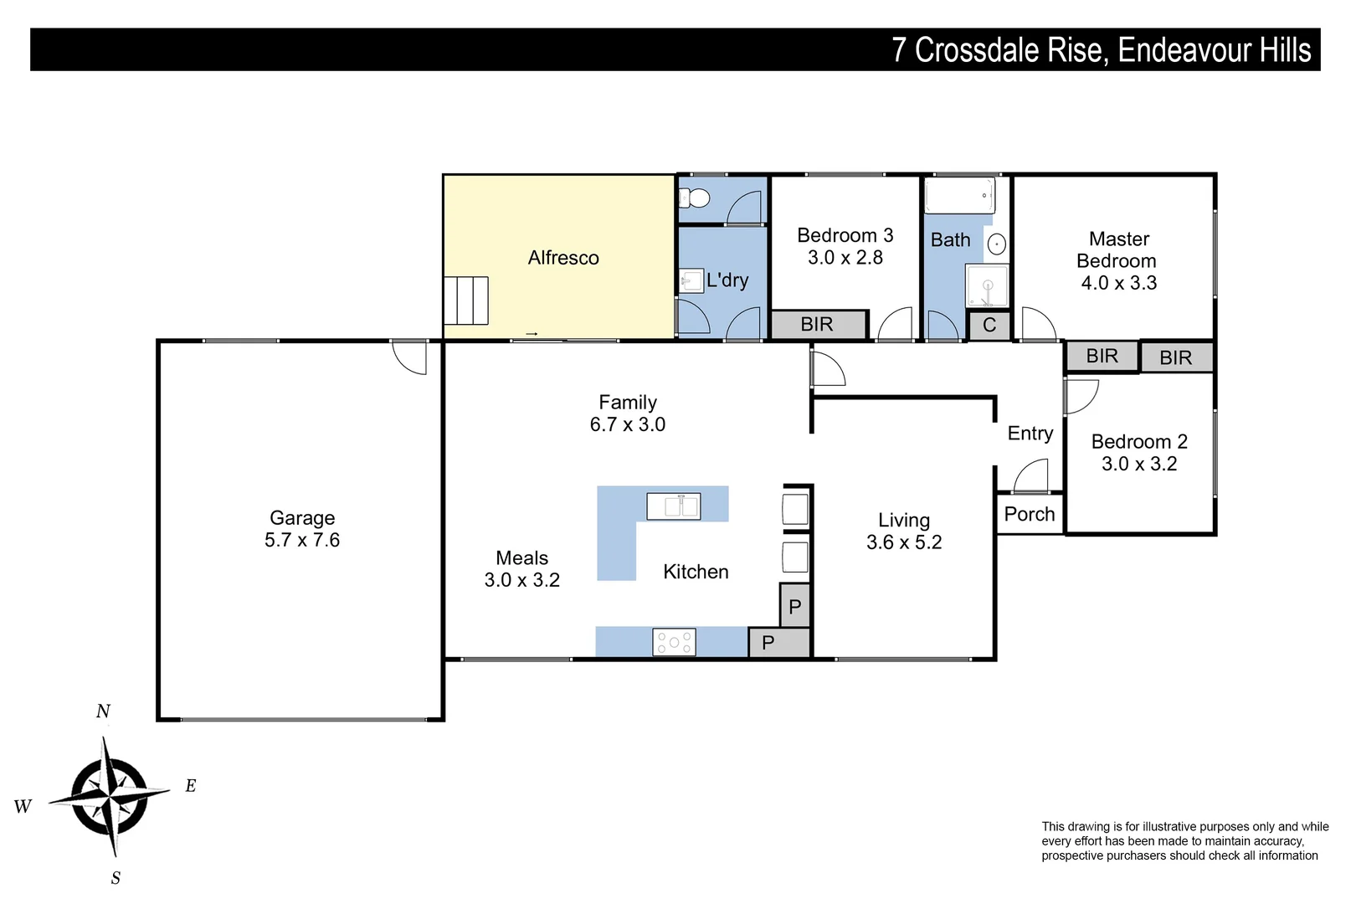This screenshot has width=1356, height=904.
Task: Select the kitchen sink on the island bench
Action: (x=674, y=506)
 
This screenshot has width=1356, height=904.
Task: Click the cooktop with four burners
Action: (x=674, y=642)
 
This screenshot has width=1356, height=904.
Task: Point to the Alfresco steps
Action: (x=465, y=300)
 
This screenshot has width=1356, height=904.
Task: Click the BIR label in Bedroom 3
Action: (x=817, y=325)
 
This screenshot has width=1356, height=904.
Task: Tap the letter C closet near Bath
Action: (x=989, y=326)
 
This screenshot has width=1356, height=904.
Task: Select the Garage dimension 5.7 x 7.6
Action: (x=302, y=541)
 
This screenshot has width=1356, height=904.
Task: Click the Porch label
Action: (x=1030, y=515)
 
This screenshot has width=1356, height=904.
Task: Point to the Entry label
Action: (x=1030, y=434)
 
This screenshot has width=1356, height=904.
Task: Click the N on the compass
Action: (x=103, y=711)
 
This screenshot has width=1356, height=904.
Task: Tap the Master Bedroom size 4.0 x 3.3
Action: (x=1118, y=283)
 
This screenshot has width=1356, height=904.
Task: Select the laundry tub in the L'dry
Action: (x=691, y=280)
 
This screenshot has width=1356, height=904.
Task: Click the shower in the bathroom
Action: (x=988, y=285)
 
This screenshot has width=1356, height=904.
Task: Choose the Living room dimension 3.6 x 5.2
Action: (x=904, y=542)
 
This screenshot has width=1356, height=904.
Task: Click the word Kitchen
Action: (x=696, y=572)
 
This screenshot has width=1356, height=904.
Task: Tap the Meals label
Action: (x=521, y=558)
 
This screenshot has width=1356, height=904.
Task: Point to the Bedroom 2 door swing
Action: (x=1081, y=396)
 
